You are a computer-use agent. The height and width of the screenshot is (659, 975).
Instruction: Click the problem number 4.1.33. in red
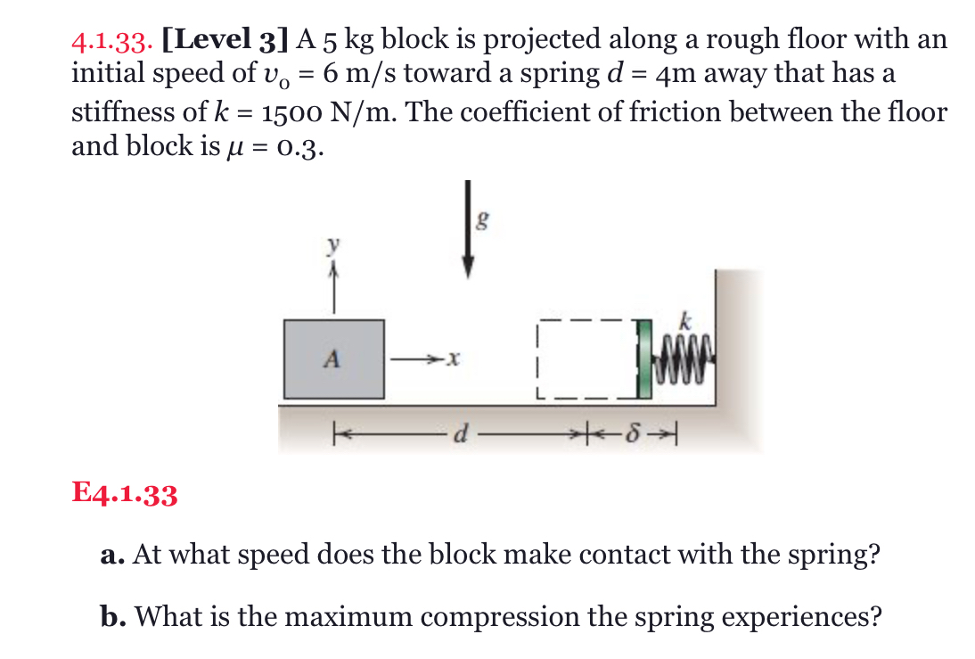[x=112, y=41]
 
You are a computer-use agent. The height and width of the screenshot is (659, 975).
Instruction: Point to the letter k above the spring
[x=684, y=318]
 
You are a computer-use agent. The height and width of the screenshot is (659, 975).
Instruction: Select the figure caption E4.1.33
[x=125, y=493]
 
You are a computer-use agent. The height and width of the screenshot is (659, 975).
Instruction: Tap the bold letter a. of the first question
[x=111, y=556]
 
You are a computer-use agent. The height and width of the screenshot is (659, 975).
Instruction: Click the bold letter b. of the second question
[x=112, y=616]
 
